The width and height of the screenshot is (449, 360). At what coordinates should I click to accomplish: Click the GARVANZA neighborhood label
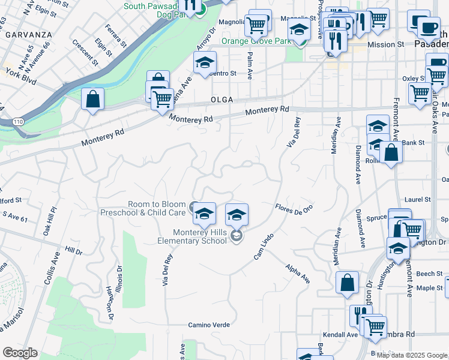pyautogui.click(x=29, y=35)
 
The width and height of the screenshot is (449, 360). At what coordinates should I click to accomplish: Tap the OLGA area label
pyautogui.click(x=221, y=100)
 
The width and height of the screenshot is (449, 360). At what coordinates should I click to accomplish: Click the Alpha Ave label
pyautogui.click(x=298, y=274)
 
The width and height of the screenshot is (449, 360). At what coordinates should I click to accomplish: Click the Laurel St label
pyautogui.click(x=418, y=199)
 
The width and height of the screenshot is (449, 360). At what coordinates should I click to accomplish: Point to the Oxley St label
pyautogui.click(x=414, y=78)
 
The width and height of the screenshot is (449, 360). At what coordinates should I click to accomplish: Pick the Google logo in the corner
pyautogui.click(x=20, y=353)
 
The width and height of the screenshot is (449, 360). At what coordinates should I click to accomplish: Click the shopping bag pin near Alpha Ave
pyautogui.click(x=348, y=284)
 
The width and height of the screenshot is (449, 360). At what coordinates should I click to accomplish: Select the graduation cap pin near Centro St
pyautogui.click(x=205, y=63)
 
